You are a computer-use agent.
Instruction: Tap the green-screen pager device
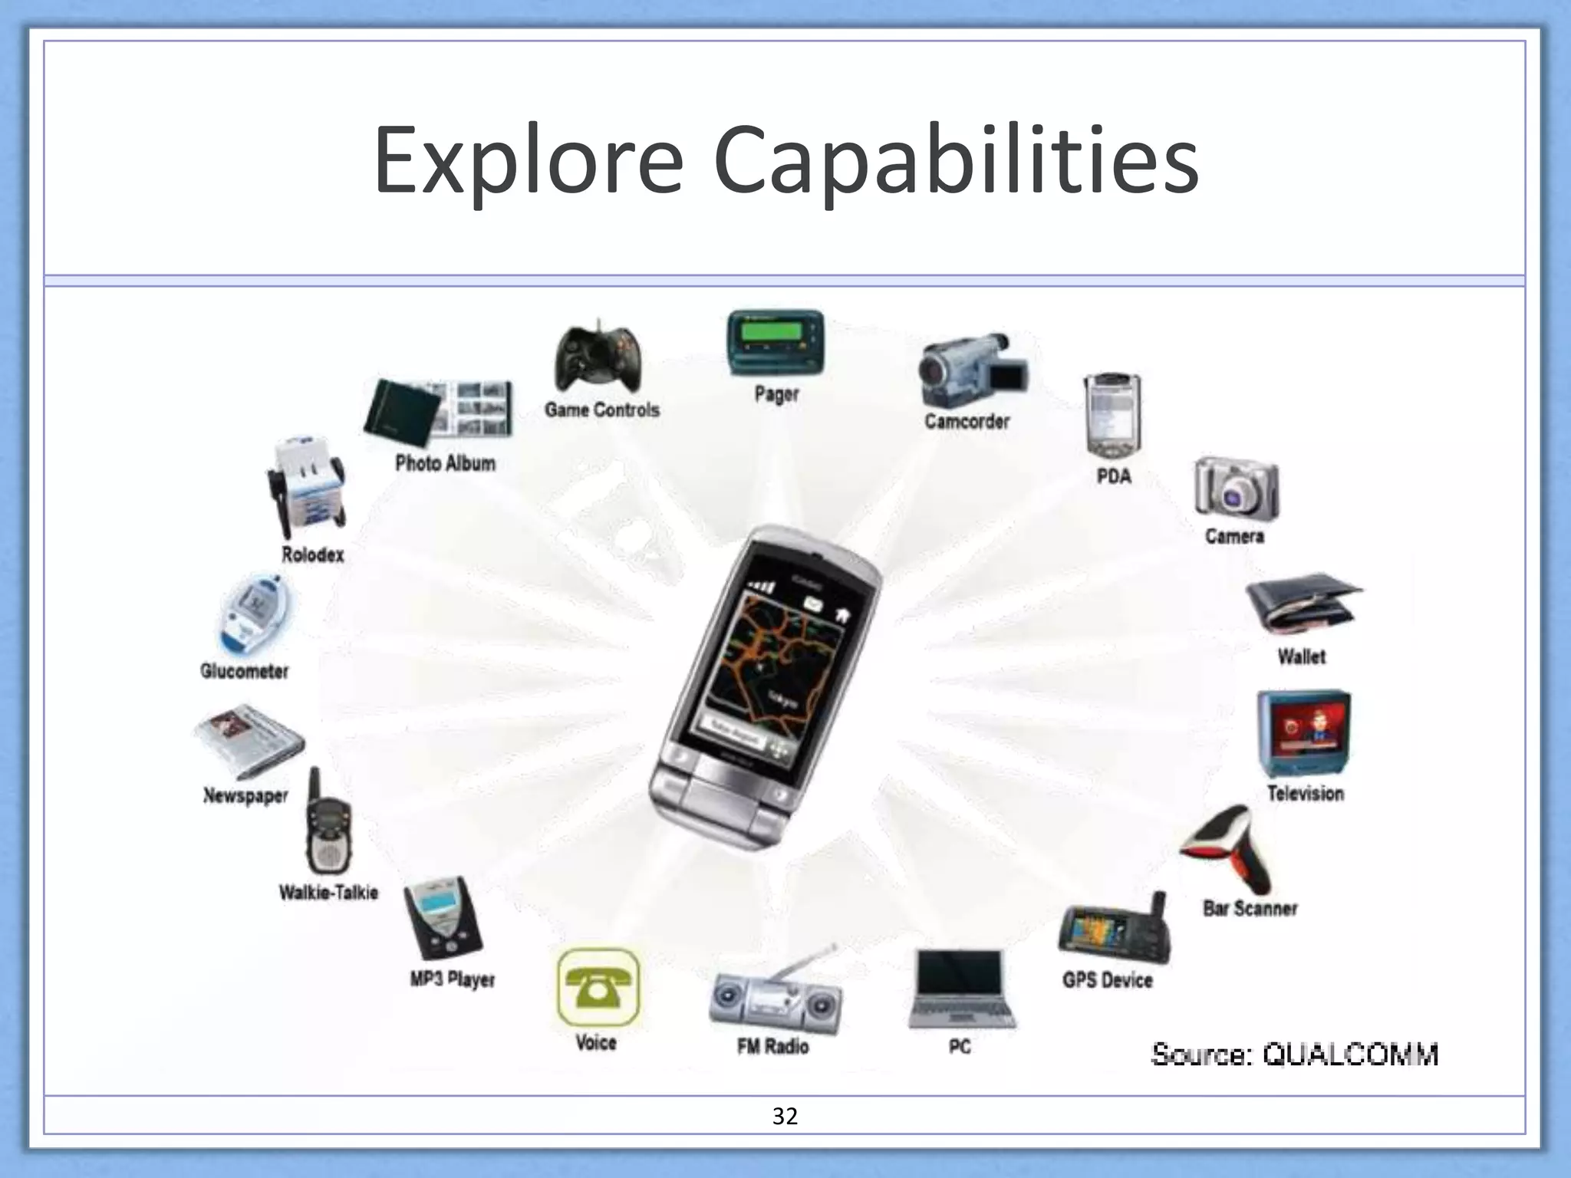click(775, 343)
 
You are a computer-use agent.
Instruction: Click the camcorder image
click(970, 370)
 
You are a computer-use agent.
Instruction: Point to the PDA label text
click(1114, 476)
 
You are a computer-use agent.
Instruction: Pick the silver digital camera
click(1235, 489)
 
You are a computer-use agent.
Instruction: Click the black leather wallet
click(1301, 604)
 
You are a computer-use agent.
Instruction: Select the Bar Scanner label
click(1250, 909)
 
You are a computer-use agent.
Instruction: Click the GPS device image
click(1115, 931)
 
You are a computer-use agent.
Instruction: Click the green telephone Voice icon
click(598, 988)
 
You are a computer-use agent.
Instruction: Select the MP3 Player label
click(452, 979)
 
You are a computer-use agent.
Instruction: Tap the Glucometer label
click(244, 671)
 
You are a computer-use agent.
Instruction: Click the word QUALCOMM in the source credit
click(1350, 1055)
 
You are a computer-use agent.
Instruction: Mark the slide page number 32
click(785, 1116)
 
